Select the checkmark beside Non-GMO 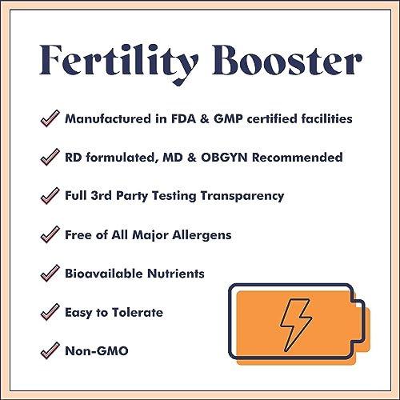coord(50,350)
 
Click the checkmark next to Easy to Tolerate coord(50,311)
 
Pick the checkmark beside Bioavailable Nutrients coord(50,273)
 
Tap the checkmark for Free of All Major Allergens coord(50,234)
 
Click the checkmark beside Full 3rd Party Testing coord(50,196)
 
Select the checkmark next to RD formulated coord(50,158)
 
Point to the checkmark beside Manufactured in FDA coord(50,119)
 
